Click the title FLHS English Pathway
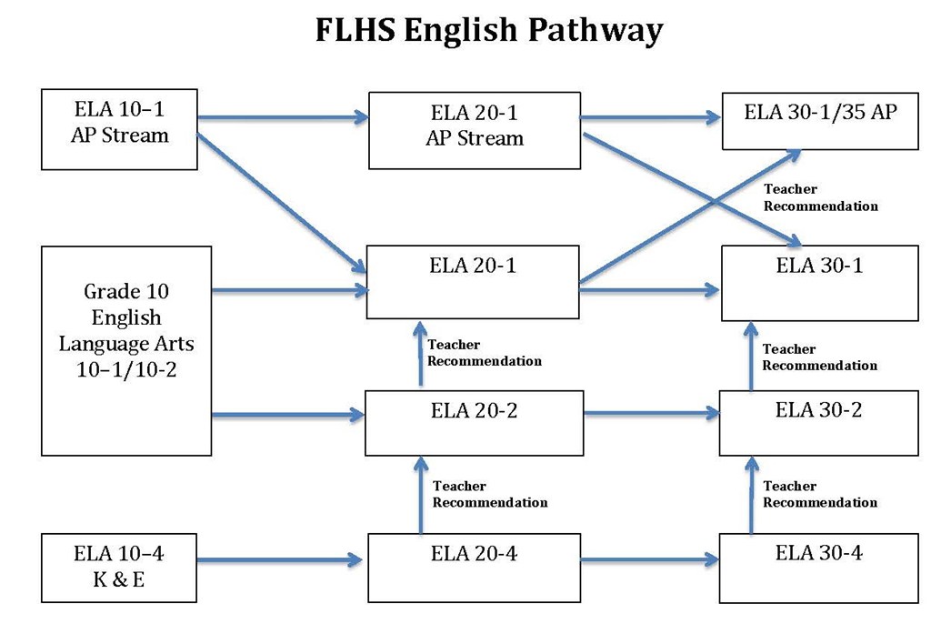488,31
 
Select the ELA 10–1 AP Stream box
119,129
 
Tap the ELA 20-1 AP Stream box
474,130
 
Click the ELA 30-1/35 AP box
819,120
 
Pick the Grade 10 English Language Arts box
126,350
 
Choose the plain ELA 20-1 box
473,282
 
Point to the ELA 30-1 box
819,283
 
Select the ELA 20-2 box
474,423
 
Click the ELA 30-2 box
818,423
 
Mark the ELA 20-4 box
474,568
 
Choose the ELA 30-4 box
818,568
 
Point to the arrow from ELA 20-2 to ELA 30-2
651,413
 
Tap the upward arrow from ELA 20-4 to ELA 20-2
420,495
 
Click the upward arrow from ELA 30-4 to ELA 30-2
752,495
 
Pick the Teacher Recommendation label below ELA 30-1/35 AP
820,197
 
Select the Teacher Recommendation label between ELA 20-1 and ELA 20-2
484,353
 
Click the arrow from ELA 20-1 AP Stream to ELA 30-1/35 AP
651,117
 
